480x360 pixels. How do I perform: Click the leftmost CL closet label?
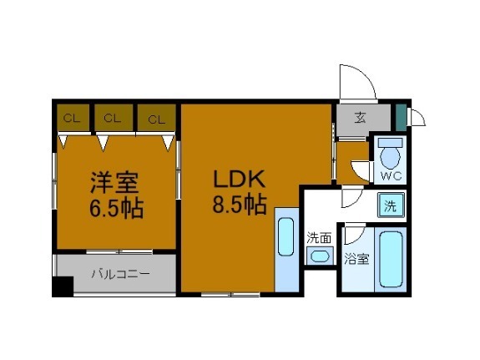pyautogui.click(x=72, y=119)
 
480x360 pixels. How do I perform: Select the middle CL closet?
pyautogui.click(x=113, y=119)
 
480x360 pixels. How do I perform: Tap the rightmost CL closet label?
pyautogui.click(x=156, y=119)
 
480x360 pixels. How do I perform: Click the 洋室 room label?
pyautogui.click(x=115, y=181)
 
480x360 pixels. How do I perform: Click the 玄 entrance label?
pyautogui.click(x=359, y=117)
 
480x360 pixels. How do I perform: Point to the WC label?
pyautogui.click(x=391, y=176)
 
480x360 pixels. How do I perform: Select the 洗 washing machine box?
pyautogui.click(x=390, y=203)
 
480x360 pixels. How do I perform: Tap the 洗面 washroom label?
pyautogui.click(x=319, y=238)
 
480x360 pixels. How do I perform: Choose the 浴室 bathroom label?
pyautogui.click(x=356, y=259)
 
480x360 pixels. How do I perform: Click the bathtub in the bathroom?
pyautogui.click(x=392, y=259)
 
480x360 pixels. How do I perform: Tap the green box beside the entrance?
pyautogui.click(x=401, y=115)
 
